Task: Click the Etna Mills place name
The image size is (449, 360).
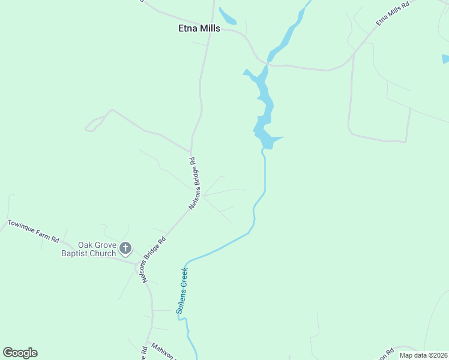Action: pyautogui.click(x=199, y=28)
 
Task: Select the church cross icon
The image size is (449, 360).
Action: pyautogui.click(x=125, y=247)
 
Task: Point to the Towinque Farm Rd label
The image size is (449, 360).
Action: pyautogui.click(x=33, y=231)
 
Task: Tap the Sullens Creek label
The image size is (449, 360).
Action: pyautogui.click(x=182, y=291)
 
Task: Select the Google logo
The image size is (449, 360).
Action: pyautogui.click(x=20, y=353)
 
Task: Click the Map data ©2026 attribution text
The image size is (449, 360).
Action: pyautogui.click(x=423, y=355)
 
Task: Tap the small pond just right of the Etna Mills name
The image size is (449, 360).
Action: pyautogui.click(x=228, y=16)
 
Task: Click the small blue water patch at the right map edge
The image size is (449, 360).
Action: pyautogui.click(x=445, y=59)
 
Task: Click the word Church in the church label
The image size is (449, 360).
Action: pyautogui.click(x=101, y=254)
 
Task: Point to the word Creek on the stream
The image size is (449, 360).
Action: pyautogui.click(x=185, y=280)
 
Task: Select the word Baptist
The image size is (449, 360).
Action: pyautogui.click(x=74, y=254)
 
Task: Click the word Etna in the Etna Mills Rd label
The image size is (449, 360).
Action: pyautogui.click(x=381, y=21)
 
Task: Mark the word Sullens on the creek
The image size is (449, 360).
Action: pyautogui.click(x=180, y=302)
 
